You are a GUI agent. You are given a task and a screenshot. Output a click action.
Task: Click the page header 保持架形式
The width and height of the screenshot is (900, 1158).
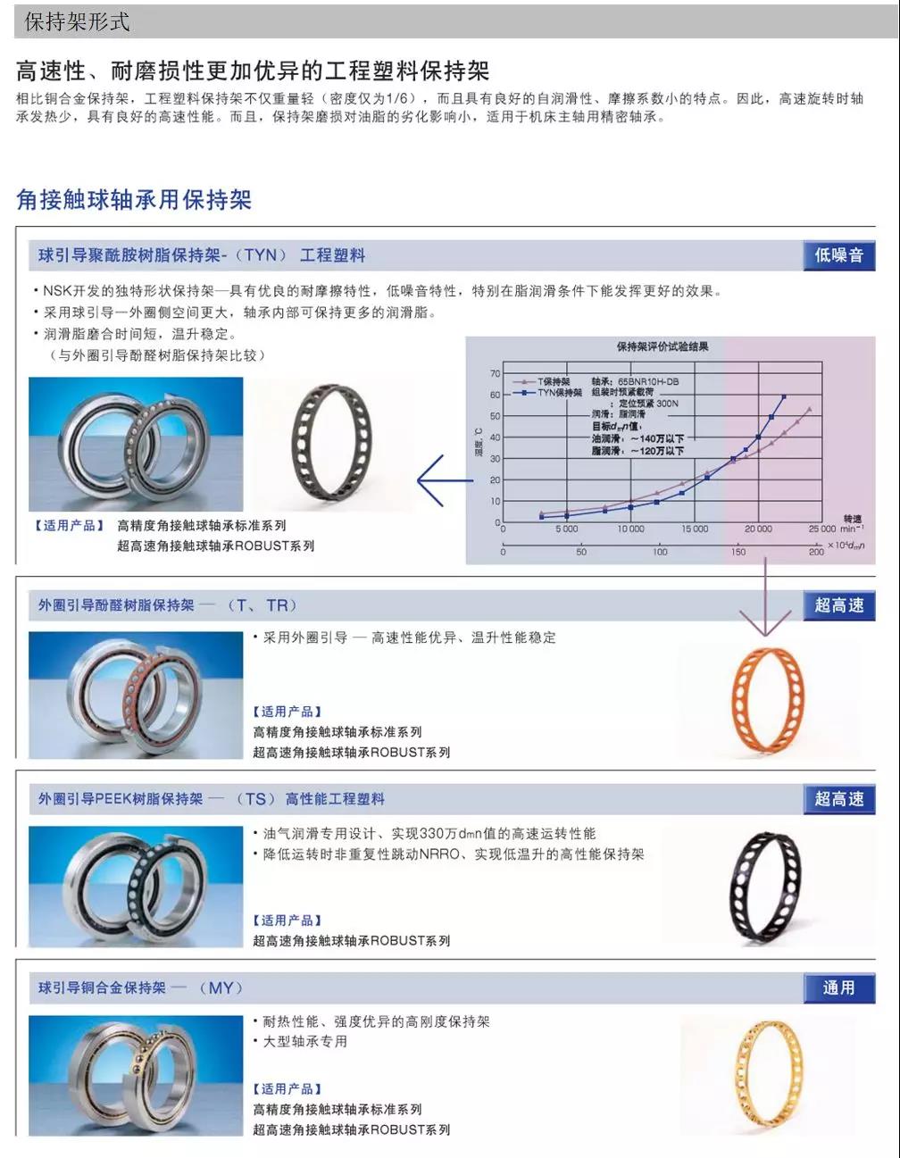pos(78,21)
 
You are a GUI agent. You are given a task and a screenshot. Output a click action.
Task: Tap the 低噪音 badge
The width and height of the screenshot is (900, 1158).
pos(838,255)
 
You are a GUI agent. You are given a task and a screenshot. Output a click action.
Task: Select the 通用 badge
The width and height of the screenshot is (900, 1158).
pos(838,987)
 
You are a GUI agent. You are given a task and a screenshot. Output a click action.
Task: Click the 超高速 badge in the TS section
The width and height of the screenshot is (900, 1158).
pos(838,798)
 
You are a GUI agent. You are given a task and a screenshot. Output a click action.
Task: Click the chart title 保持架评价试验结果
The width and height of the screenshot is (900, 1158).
pos(662,346)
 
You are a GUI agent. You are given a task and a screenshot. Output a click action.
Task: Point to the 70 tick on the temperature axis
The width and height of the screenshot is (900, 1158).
pos(496,373)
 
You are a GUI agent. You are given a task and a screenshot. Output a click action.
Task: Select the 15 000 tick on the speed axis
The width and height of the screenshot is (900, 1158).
pos(694,529)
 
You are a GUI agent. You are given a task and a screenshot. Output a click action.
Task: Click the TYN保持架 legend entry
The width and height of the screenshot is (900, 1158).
pos(559,393)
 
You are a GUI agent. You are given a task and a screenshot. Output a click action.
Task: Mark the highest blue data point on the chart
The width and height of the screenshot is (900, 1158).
pos(784,396)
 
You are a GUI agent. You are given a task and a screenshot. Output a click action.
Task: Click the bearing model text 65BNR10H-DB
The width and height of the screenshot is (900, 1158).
pos(648,381)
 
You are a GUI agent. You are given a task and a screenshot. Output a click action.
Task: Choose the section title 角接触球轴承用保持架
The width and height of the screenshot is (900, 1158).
pos(134,199)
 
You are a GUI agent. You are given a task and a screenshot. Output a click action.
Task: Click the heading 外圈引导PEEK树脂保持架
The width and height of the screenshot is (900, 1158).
pos(121,798)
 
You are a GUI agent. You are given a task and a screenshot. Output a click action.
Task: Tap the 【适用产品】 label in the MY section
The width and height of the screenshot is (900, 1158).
pos(287,1088)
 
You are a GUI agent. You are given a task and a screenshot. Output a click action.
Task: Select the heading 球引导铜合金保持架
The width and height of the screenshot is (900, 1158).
pos(102,987)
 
